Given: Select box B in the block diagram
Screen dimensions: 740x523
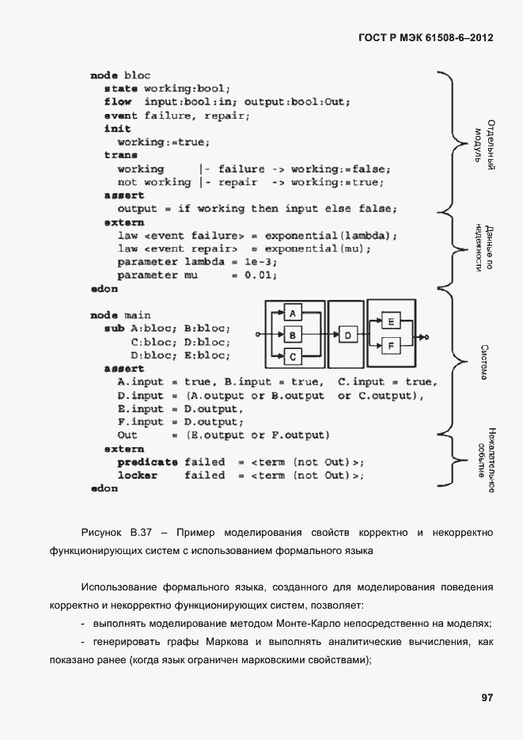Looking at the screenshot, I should (292, 336).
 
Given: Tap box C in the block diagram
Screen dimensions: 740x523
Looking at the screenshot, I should (292, 358).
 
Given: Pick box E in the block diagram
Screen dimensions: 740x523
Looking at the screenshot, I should (391, 322).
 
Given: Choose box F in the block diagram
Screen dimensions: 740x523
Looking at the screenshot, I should (391, 345).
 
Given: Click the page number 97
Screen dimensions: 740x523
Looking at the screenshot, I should (487, 697).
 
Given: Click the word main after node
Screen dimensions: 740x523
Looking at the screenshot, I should (137, 315).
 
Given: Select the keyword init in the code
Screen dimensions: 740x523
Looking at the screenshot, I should (117, 128).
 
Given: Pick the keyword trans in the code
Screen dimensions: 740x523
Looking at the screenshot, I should (120, 155).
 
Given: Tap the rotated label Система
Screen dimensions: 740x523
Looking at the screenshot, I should (484, 362).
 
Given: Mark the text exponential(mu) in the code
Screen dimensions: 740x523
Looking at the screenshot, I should (318, 249).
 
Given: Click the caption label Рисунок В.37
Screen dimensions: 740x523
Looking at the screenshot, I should (116, 533).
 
